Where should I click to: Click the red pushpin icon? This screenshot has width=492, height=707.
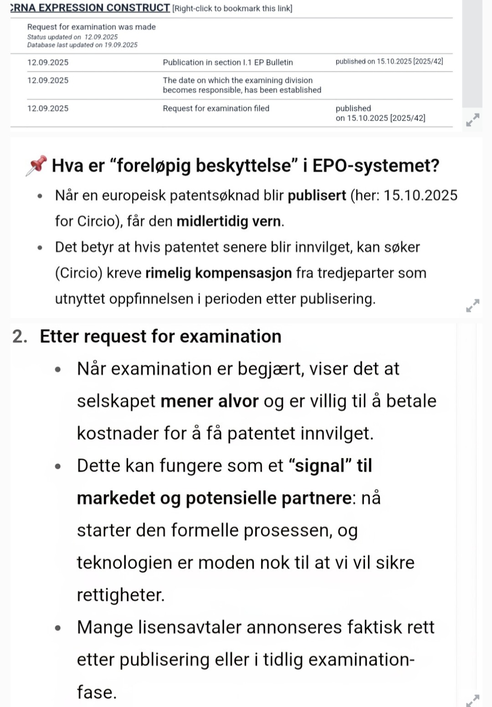(x=36, y=165)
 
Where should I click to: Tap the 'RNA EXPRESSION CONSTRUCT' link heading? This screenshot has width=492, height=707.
(x=90, y=8)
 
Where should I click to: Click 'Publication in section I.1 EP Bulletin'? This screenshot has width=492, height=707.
(x=228, y=62)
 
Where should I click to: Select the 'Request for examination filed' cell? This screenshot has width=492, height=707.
(x=216, y=108)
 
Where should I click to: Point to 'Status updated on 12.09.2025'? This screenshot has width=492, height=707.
(x=72, y=37)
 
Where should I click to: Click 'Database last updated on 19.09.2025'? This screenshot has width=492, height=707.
(x=82, y=45)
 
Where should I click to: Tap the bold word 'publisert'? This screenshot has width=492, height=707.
(x=317, y=195)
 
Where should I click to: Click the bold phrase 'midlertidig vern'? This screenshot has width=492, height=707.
(x=229, y=221)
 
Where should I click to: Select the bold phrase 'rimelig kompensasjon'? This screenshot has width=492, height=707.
(x=219, y=273)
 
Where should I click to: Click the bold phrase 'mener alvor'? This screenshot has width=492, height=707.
(x=210, y=401)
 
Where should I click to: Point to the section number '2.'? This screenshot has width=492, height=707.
(x=20, y=336)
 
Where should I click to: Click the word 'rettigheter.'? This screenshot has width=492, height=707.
(x=121, y=595)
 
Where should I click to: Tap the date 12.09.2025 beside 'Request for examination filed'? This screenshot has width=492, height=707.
(x=48, y=108)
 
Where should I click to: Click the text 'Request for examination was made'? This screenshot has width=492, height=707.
(x=92, y=27)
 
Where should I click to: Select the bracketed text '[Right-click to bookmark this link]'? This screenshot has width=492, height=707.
(x=232, y=8)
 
